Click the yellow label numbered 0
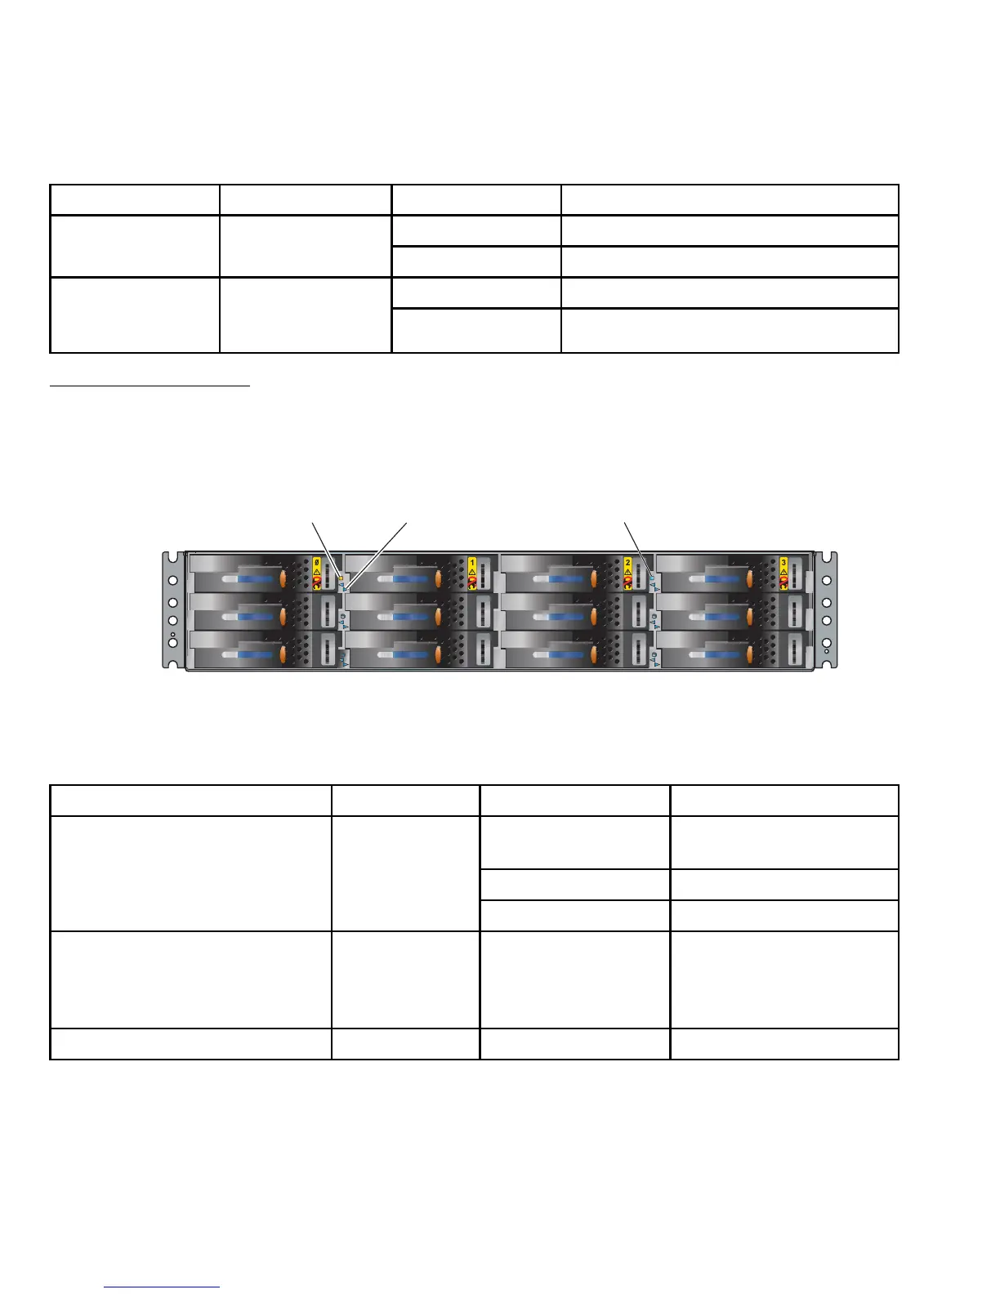[316, 562]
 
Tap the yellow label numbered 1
[471, 562]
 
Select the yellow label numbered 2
[627, 562]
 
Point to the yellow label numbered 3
[783, 562]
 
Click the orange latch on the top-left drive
[283, 578]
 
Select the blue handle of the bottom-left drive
[258, 654]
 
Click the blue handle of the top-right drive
[725, 578]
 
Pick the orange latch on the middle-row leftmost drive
[283, 616]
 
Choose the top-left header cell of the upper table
[135, 200]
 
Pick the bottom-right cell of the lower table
[783, 1044]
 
